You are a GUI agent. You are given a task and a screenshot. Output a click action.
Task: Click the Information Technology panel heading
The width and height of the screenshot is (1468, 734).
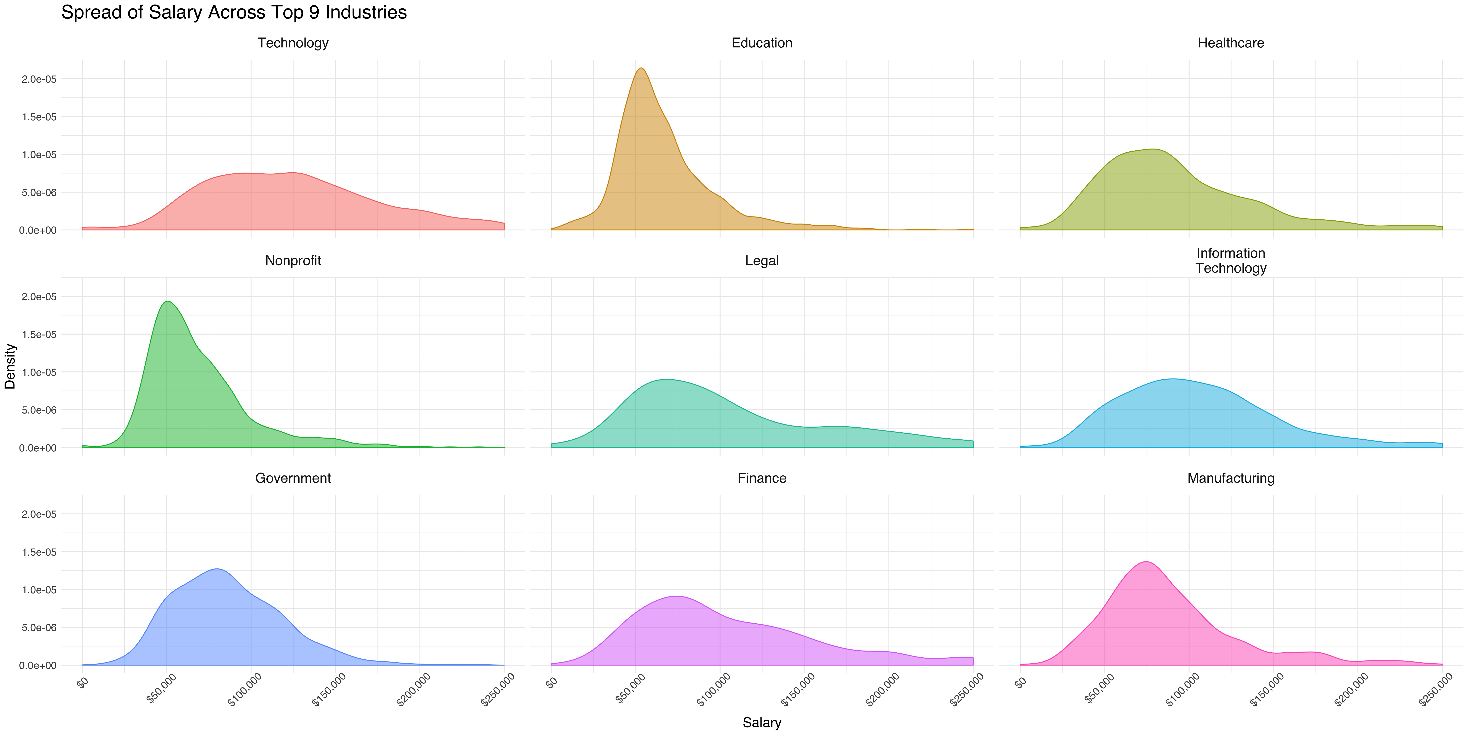[1231, 260]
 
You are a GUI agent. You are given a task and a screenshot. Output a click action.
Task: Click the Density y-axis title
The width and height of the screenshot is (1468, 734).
[10, 366]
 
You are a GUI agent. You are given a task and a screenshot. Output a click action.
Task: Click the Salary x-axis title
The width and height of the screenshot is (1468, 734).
[762, 723]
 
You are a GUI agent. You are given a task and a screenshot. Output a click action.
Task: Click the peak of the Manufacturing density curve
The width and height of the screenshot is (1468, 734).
[1145, 562]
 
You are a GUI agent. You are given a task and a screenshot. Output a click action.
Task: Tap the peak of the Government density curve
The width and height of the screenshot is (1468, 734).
[217, 569]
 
